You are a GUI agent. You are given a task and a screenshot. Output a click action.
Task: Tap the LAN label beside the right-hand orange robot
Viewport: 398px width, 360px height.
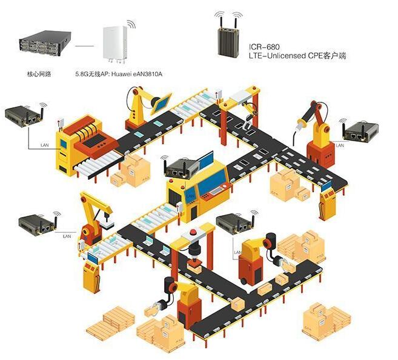tap(339, 145)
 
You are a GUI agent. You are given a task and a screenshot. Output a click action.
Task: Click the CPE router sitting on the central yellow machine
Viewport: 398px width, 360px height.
tap(180, 168)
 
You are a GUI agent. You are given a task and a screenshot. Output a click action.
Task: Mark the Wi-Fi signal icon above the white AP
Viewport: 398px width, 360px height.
tap(129, 24)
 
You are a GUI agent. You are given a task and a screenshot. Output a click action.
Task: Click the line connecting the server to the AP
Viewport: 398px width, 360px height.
tap(84, 45)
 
